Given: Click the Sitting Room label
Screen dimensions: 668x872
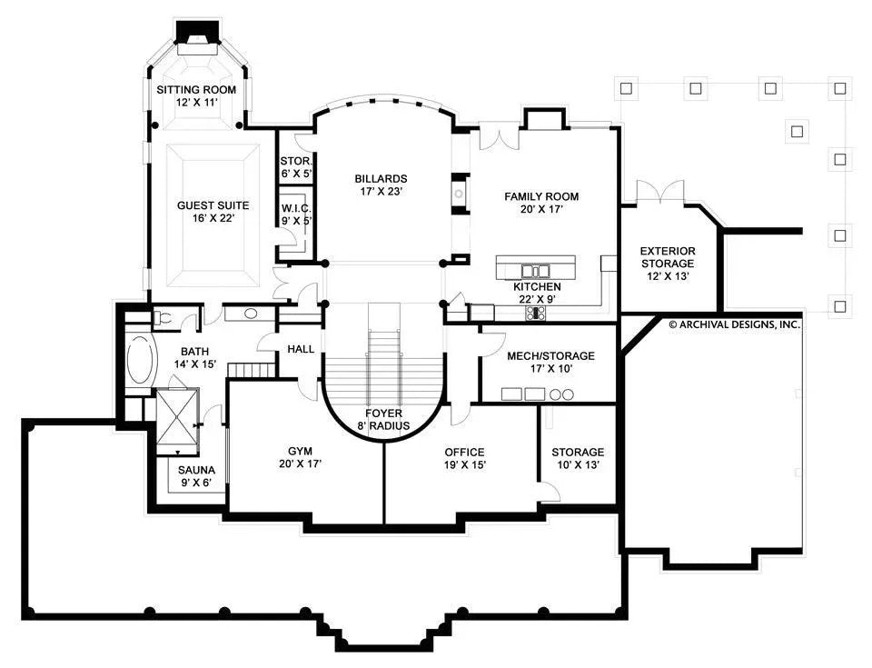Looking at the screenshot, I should pos(196,96).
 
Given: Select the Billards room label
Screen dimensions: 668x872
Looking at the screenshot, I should pos(381,185).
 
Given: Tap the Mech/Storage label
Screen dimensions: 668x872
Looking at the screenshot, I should pos(551,363).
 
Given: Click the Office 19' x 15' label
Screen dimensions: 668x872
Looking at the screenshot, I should pos(464,459).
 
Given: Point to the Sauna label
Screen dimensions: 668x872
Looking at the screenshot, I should pos(196,476).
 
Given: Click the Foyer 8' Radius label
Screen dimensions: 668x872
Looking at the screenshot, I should pos(382,419).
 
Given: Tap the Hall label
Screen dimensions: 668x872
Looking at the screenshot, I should pos(300,349).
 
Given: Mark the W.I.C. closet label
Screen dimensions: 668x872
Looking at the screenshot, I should pos(296,213).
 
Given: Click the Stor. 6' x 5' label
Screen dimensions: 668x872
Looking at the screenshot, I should pos(296,167).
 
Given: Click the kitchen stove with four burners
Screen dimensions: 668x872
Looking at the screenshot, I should pos(536,313).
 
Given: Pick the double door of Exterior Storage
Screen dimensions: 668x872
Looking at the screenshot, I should pos(659,193).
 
